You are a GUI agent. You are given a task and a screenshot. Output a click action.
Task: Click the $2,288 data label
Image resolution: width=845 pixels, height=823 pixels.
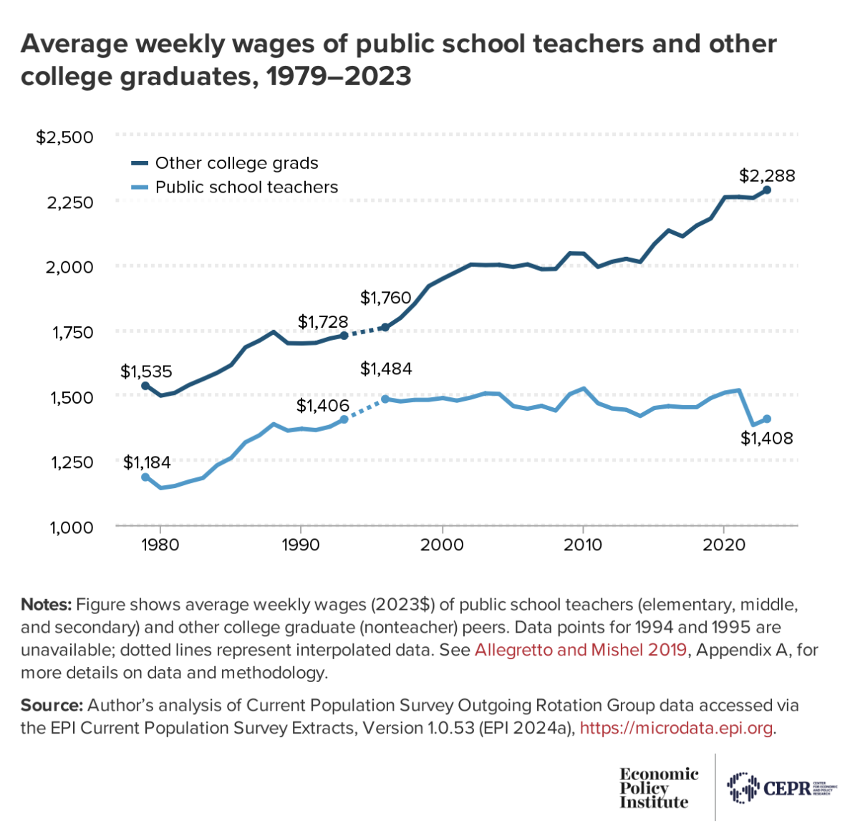tap(767, 176)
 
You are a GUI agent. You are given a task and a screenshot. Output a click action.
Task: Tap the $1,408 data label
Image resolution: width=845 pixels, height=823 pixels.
tap(766, 438)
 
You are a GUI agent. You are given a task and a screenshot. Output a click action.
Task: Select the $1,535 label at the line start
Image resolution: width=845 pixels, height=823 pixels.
tap(146, 371)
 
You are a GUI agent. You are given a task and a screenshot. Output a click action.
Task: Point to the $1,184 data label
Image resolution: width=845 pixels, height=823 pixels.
tap(147, 462)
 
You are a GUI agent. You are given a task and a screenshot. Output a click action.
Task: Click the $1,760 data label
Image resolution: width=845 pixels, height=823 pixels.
tap(385, 298)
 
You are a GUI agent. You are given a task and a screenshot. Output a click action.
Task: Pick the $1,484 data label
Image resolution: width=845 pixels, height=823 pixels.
tap(386, 369)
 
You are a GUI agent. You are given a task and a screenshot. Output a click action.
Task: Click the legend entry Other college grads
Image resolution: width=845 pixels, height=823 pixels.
tap(236, 163)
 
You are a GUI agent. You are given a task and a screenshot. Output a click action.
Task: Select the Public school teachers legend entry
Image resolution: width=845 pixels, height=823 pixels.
tap(246, 188)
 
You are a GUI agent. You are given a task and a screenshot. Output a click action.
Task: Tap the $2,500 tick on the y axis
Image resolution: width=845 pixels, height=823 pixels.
tap(64, 137)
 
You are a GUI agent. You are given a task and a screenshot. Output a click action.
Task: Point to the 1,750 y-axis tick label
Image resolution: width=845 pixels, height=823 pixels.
tap(72, 332)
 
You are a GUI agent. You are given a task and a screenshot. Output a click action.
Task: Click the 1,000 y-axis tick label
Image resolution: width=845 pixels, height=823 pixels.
tap(72, 527)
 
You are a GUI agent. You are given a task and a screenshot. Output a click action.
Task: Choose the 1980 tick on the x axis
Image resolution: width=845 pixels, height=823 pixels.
tap(160, 545)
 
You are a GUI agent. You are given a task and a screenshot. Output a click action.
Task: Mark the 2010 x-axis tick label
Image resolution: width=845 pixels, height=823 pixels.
tap(583, 545)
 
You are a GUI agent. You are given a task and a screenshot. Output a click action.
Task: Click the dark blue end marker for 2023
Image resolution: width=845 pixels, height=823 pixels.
tap(766, 190)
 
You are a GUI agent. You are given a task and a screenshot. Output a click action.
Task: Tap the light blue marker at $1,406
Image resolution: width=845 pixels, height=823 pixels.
tap(344, 419)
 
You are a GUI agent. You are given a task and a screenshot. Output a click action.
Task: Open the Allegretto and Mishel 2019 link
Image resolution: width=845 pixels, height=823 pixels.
tap(580, 650)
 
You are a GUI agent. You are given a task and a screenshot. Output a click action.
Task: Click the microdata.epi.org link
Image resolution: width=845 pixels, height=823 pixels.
tap(676, 728)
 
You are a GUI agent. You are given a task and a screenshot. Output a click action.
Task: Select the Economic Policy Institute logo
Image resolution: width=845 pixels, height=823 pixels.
tap(659, 788)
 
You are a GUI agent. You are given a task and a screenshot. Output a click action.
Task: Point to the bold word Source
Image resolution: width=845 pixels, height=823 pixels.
tap(52, 705)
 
